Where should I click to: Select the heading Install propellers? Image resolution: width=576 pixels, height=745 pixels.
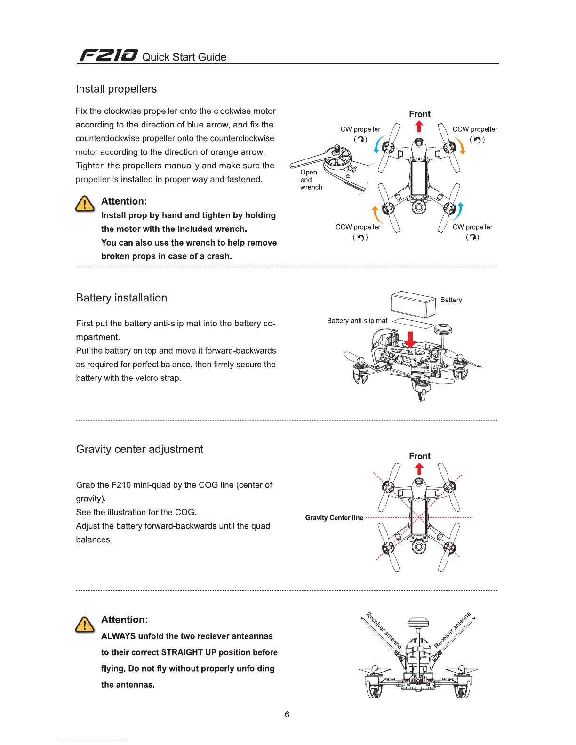click(116, 89)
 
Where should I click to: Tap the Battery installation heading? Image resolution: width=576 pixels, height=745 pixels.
click(121, 298)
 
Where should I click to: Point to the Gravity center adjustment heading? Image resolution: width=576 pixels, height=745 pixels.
click(140, 449)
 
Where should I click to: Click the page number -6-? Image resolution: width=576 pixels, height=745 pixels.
click(287, 714)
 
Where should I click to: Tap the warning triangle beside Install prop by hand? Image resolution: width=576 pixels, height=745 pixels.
click(85, 204)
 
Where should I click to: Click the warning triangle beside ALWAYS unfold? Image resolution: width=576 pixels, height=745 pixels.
click(85, 624)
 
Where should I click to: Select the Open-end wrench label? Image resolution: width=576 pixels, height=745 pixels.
click(311, 180)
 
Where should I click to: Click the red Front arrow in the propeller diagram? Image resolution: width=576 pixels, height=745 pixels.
click(419, 127)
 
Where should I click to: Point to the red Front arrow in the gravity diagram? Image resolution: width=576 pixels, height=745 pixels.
click(419, 468)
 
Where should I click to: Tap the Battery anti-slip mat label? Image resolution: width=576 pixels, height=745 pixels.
click(357, 321)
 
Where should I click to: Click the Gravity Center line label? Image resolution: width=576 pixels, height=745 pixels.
click(334, 518)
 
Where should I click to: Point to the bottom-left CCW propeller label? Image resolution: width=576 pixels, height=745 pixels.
click(358, 227)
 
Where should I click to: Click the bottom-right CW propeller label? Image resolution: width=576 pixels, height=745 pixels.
click(472, 227)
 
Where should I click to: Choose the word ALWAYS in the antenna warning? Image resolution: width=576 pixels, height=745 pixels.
click(118, 636)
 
